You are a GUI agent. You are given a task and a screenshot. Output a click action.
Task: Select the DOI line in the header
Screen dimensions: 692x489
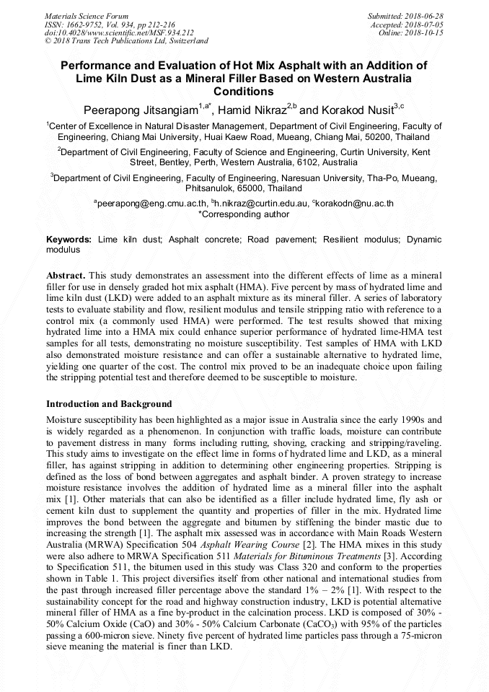point(120,32)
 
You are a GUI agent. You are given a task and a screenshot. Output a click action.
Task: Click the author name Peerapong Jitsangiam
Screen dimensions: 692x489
point(141,110)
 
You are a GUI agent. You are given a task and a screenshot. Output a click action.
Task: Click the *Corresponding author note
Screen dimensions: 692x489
point(244,214)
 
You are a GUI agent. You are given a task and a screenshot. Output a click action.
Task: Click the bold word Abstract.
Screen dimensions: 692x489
point(66,276)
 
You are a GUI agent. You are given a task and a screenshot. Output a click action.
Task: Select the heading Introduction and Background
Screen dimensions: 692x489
point(109,404)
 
